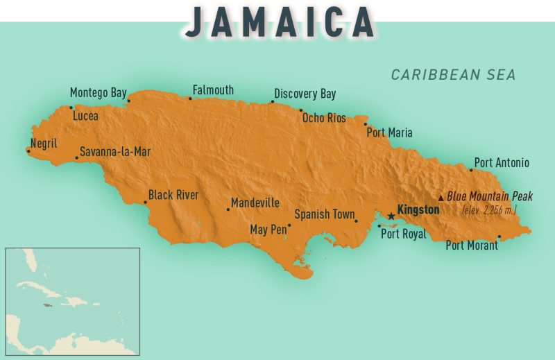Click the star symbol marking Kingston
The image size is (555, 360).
coord(391,216)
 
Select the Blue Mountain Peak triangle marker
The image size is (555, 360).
coord(441,198)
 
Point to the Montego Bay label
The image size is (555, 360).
coord(99,93)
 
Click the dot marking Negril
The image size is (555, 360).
coord(28,149)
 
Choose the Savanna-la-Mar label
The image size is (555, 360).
coord(114,151)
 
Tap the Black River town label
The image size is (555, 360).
coord(173,195)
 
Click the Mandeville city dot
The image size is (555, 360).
coord(228,209)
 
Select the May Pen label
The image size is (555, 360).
coord(268,230)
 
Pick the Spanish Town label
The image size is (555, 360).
coord(324,214)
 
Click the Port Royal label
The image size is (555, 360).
coord(404,234)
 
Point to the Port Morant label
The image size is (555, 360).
coord(472,245)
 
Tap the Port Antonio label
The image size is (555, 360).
coord(502,163)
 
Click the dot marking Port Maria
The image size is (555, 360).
coord(366,125)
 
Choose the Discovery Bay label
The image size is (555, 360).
coord(305,94)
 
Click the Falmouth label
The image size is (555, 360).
coord(213,90)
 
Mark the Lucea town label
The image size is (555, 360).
coord(85,116)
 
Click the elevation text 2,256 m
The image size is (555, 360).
coord(489,209)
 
